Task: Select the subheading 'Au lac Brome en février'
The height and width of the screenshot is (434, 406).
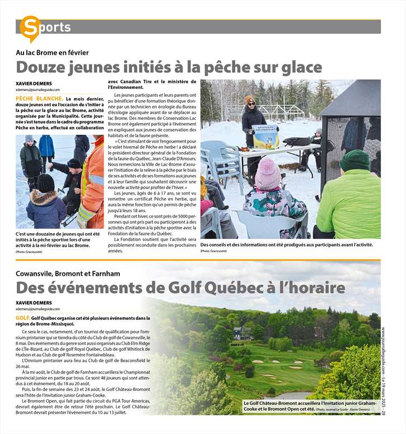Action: tap(52, 53)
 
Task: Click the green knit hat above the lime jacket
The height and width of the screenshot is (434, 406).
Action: tap(355, 161)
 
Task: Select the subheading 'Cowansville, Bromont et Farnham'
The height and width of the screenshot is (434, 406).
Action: tap(68, 273)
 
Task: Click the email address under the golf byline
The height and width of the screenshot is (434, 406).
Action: tap(38, 309)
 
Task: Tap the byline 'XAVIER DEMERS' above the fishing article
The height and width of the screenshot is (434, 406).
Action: tap(31, 83)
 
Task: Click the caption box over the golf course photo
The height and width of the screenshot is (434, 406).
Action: tap(310, 406)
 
